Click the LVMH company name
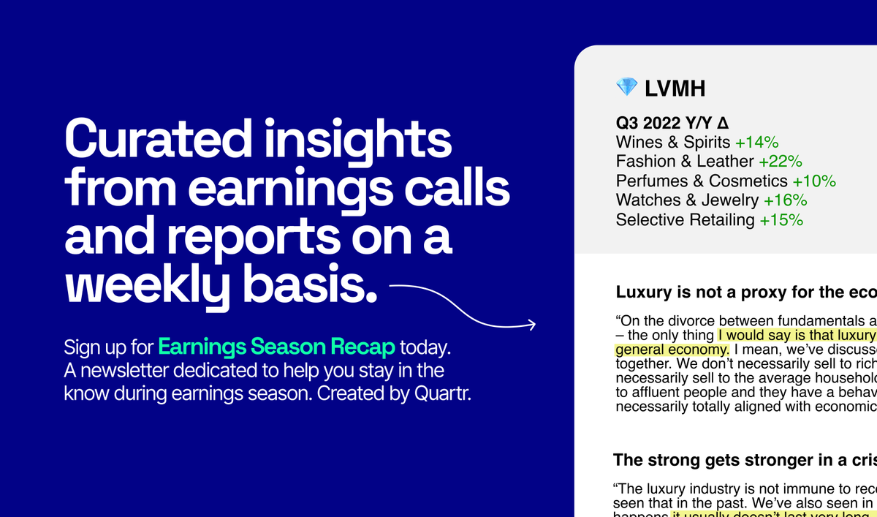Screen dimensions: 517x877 tap(675, 89)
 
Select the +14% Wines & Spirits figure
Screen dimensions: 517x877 tap(756, 142)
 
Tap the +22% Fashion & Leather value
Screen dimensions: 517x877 tap(781, 161)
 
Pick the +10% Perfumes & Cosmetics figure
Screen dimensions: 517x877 tap(813, 181)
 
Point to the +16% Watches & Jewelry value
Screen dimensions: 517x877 tap(785, 200)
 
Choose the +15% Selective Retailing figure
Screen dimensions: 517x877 tap(781, 219)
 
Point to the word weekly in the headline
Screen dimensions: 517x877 tap(145, 286)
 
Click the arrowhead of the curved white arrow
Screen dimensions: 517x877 tap(531, 324)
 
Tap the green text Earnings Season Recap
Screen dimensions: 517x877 tap(276, 346)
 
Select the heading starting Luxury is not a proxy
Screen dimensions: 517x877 tap(745, 293)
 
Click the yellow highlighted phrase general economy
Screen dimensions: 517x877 tap(672, 349)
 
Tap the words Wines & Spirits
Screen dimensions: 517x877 tap(673, 142)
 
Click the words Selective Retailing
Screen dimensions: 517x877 tap(686, 219)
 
